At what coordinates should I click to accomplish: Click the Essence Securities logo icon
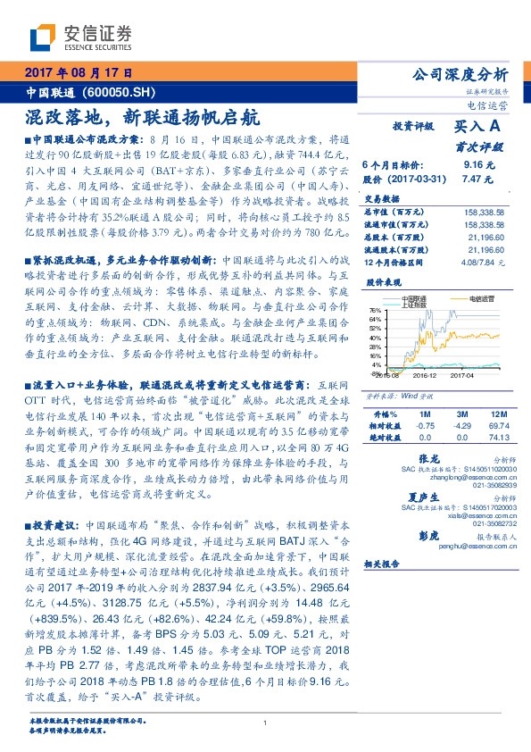point(43,37)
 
